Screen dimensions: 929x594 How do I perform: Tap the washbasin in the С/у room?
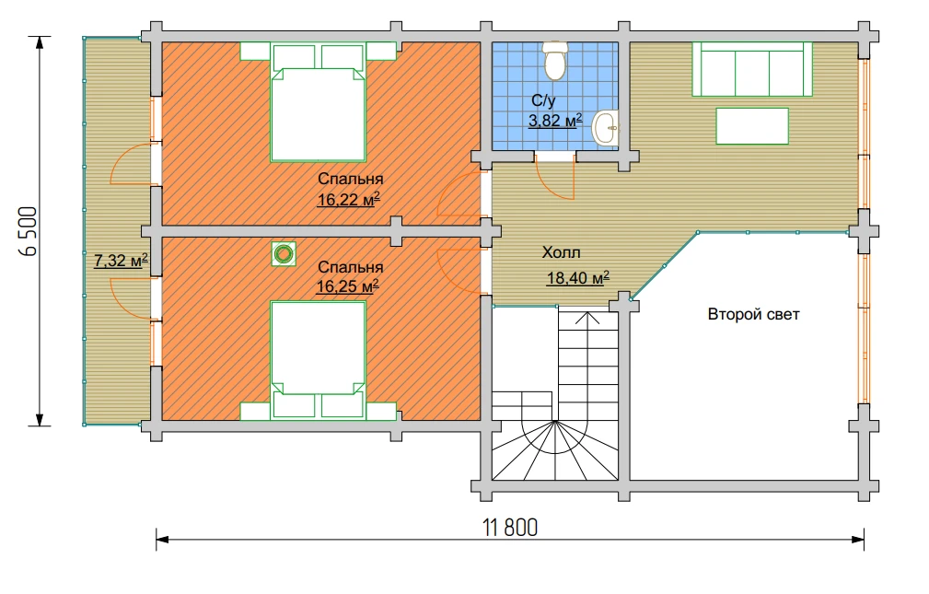point(606,127)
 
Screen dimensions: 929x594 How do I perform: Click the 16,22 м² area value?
point(348,199)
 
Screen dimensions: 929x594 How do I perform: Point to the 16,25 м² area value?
point(348,286)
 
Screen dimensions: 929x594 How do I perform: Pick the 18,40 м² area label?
point(577,277)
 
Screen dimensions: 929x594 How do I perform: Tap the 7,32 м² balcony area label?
point(121,261)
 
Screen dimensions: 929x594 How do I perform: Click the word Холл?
point(561,252)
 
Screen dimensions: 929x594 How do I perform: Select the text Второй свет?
point(754,314)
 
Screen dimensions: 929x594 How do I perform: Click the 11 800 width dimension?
point(510,527)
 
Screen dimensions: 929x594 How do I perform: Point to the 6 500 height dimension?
point(29,231)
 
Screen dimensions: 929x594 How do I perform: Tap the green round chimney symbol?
point(285,254)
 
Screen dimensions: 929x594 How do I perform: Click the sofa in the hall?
point(752,69)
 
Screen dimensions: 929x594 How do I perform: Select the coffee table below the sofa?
point(752,126)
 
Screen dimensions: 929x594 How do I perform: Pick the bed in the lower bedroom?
point(318,360)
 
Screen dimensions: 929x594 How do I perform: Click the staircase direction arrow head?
point(587,318)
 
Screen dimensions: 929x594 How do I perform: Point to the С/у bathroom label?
point(543,100)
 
